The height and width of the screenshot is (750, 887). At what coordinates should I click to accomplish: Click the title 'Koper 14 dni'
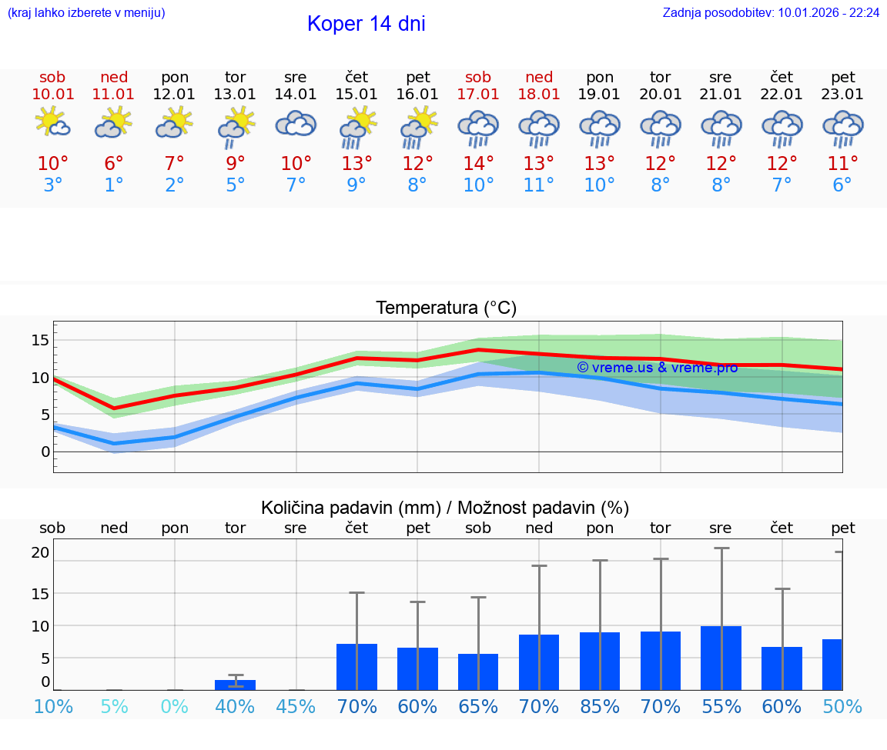coord(366,24)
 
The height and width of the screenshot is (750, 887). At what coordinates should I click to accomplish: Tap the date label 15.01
coord(356,95)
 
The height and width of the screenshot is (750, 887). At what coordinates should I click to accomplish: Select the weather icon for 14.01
coord(296,125)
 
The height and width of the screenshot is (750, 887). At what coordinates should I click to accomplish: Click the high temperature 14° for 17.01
coord(478,164)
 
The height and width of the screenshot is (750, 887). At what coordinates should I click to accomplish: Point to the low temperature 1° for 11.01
coord(114,185)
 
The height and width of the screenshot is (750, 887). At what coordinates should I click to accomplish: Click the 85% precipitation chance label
coord(600,706)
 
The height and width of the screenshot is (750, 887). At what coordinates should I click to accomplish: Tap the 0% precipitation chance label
coord(175,706)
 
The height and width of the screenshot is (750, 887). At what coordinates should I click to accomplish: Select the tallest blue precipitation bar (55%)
coord(721,658)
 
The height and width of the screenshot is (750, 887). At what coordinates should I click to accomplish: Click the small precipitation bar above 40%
coord(235,685)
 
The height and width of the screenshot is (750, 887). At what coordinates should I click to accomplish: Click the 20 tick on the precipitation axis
coord(41,552)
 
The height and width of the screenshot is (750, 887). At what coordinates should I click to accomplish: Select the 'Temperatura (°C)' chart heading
coord(446,308)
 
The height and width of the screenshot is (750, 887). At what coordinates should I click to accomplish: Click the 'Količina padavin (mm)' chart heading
coord(350,508)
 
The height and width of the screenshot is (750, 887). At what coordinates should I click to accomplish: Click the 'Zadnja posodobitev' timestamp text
coord(771,13)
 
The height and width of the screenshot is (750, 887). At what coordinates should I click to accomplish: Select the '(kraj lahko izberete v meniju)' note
coord(86,13)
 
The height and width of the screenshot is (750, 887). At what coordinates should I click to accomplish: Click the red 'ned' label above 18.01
coord(539,77)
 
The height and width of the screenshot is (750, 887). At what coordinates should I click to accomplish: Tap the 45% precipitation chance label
coord(296,706)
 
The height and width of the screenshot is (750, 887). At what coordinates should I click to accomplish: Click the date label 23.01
coord(843,95)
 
